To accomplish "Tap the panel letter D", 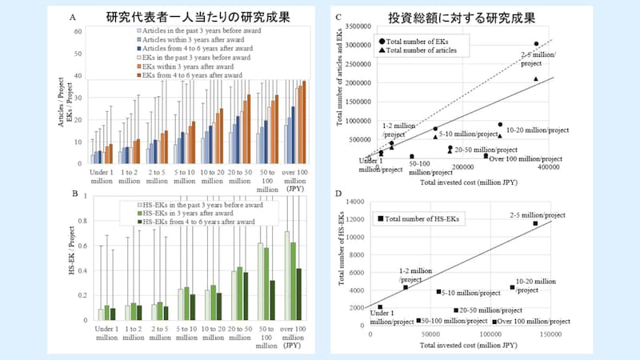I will (x=339, y=194).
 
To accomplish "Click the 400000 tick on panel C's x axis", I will (x=549, y=167).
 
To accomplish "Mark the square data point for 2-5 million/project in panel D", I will (x=535, y=223).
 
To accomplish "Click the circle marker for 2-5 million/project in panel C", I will (x=536, y=44).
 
